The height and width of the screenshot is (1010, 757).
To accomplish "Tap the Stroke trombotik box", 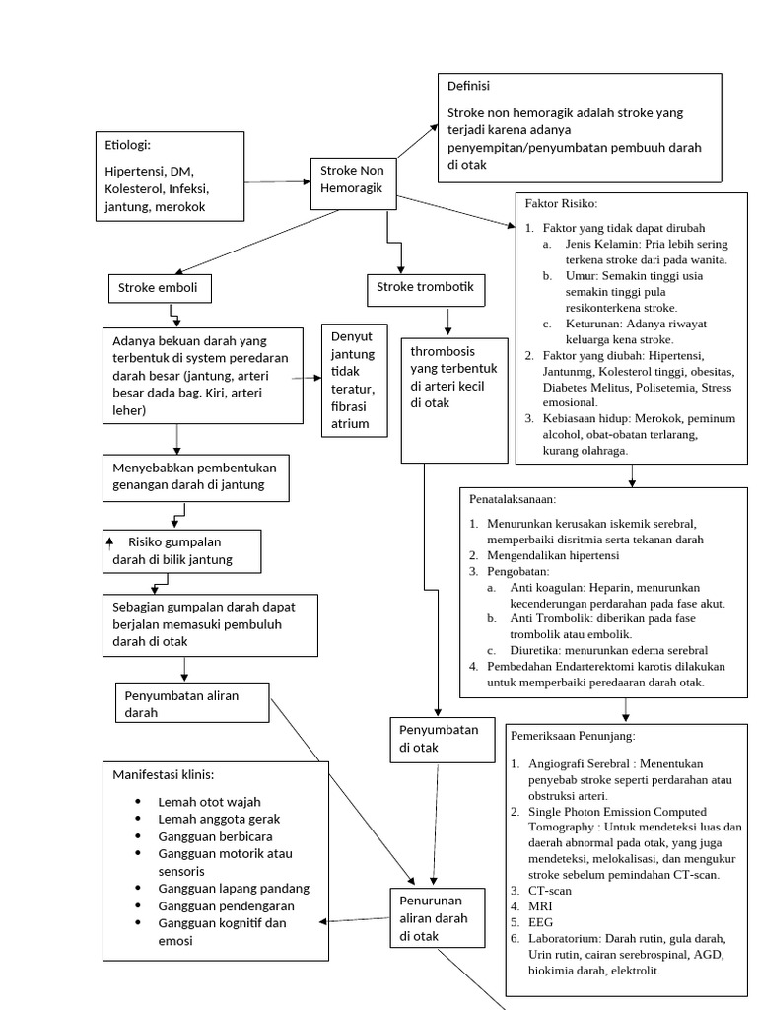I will pos(425,288).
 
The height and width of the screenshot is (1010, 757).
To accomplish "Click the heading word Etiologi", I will pos(127,146).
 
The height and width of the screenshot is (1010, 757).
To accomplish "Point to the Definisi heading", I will pos(469,87).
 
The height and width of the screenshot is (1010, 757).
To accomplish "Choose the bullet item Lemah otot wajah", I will pos(209,802).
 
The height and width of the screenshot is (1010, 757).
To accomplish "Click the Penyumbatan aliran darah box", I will pos(192,704).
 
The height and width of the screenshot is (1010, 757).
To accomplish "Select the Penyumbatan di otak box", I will pos(441,739).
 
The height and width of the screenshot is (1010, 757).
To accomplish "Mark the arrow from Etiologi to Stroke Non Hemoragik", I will pos(277,181).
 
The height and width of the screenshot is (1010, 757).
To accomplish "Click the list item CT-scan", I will pos(550,891).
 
